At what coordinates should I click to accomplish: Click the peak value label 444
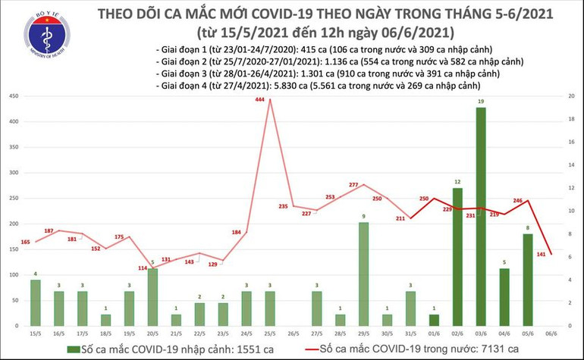260,101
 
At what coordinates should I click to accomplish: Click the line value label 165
26,242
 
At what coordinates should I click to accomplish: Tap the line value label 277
353,186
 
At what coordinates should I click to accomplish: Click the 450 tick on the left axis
14,97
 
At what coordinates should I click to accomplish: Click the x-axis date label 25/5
269,333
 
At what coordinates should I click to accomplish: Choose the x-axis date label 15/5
36,333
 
